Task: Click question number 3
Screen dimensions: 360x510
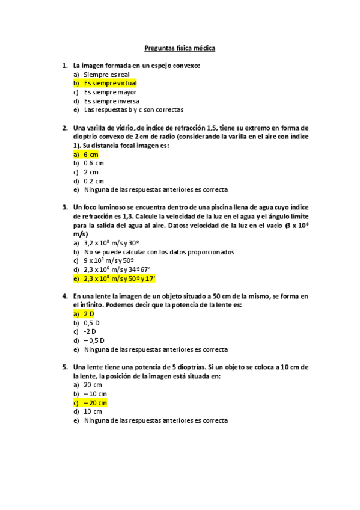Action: (x=64, y=207)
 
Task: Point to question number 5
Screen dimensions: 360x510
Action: (x=64, y=367)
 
